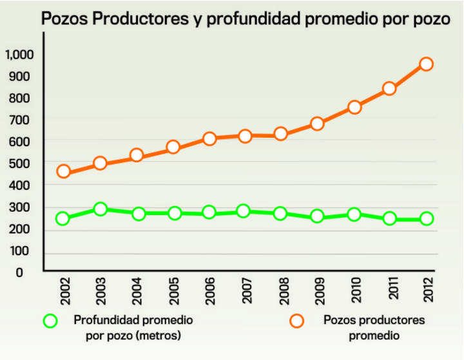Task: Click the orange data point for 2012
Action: (426, 64)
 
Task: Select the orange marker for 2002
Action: (63, 171)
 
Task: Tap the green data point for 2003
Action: (100, 209)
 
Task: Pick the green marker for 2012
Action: (426, 219)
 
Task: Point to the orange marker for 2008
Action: (281, 134)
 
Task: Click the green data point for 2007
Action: (244, 211)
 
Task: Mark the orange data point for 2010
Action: (354, 107)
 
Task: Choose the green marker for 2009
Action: (317, 216)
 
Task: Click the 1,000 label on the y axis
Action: (19, 54)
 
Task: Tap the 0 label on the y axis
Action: (19, 272)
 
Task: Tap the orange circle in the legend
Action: (297, 320)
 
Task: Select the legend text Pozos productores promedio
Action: (374, 327)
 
